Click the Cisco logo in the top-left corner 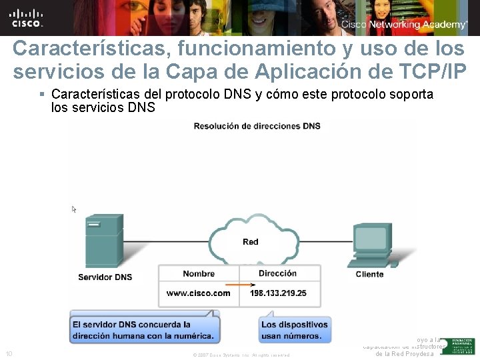tap(27, 17)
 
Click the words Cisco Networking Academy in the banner tap(404, 25)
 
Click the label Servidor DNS tap(105, 277)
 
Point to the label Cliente tap(369, 274)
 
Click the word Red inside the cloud tap(251, 241)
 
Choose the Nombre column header tap(199, 273)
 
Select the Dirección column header tap(277, 273)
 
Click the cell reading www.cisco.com tap(199, 293)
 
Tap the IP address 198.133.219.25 tap(279, 293)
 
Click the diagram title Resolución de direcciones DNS tap(257, 126)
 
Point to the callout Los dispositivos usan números tap(294, 330)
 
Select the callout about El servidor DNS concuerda tap(143, 330)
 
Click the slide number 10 tap(9, 353)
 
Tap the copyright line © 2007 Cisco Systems tap(241, 355)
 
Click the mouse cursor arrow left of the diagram tap(74, 209)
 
